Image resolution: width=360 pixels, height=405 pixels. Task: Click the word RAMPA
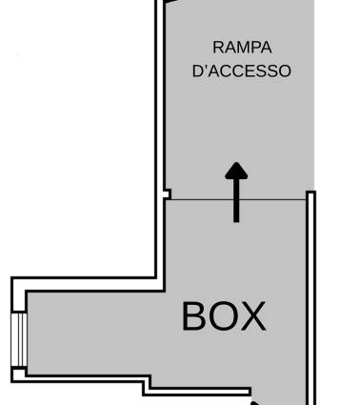[242, 48]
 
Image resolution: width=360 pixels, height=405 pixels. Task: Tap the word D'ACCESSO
[242, 71]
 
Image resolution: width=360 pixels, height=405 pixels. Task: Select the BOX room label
[224, 316]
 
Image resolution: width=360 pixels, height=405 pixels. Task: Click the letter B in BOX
[194, 316]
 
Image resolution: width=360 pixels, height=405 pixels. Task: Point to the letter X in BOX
[253, 316]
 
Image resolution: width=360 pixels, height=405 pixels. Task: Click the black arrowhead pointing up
[236, 171]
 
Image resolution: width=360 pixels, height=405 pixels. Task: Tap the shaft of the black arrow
[236, 200]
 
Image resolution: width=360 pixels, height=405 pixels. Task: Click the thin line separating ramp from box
[238, 200]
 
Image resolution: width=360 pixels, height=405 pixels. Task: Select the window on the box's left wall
[19, 339]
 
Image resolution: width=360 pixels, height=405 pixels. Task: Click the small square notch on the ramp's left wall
[167, 193]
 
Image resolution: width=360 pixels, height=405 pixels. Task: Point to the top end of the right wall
[310, 192]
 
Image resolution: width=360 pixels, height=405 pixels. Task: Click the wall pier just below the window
[19, 374]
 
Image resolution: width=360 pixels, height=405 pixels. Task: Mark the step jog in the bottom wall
[147, 385]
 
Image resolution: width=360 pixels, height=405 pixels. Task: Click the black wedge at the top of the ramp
[170, 2]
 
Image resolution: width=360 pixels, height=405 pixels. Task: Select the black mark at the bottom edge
[256, 403]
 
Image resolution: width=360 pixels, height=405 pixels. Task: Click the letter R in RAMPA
[218, 48]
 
